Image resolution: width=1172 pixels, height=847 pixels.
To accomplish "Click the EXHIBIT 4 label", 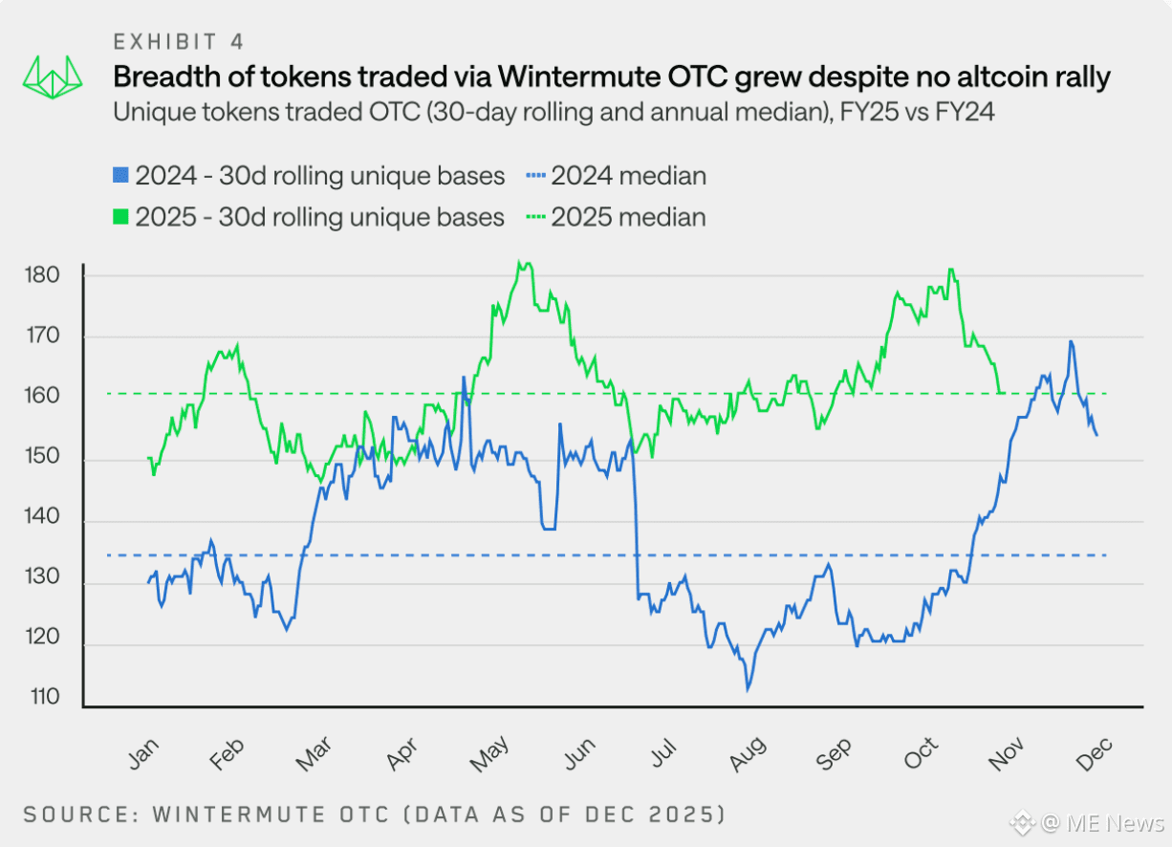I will click(x=178, y=41).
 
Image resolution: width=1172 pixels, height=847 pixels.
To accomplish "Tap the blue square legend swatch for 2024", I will click(x=120, y=176).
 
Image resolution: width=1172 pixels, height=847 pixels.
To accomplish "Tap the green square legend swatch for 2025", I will click(x=120, y=217).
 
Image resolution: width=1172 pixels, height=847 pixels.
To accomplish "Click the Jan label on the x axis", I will click(x=141, y=754).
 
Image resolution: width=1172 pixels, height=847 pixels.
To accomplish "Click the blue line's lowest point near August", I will click(x=748, y=688).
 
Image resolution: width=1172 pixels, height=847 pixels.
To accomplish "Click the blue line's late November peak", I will click(x=1071, y=341).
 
